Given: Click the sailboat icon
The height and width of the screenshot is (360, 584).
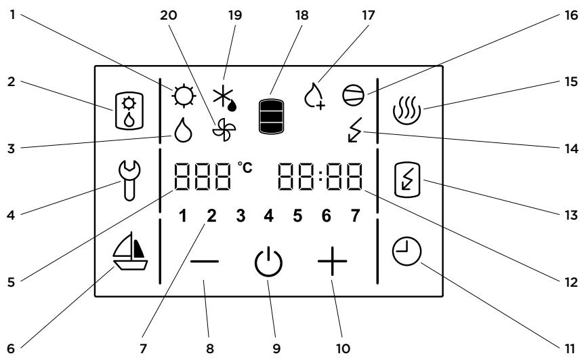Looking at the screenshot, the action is (130, 251).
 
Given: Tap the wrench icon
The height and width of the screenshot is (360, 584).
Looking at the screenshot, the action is (129, 180).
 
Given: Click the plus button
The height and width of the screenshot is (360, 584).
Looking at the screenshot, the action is (332, 261).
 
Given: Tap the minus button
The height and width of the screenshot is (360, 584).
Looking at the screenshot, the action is (205, 262).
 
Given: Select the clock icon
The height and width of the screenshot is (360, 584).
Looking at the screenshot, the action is (406, 252).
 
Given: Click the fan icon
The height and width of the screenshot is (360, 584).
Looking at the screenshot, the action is (224, 129).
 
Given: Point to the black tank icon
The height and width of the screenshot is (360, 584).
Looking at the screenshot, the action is (271, 117).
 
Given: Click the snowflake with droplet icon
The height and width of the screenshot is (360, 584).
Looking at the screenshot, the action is (225, 100).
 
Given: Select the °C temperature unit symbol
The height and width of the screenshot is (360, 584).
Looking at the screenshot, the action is (245, 167).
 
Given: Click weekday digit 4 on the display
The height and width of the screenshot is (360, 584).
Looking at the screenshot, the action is (268, 216).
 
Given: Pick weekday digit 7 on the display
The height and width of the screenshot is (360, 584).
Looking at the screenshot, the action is (355, 216).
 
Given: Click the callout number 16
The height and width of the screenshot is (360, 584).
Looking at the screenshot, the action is (571, 16).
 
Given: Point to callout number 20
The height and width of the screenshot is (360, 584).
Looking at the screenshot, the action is (168, 16).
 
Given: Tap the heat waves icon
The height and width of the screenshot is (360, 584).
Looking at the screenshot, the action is (406, 111).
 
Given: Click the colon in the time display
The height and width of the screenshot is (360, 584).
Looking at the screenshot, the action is (320, 177).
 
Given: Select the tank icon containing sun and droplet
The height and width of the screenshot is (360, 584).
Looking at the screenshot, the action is (129, 111).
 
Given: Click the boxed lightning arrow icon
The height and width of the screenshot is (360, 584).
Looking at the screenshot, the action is (407, 179).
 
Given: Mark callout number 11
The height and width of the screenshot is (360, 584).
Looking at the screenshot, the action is (570, 349).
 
